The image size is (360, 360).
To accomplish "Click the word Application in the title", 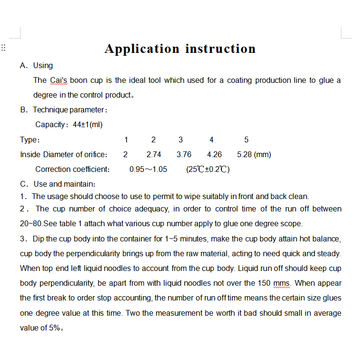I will [x=142, y=49].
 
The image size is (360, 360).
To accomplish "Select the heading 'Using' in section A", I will [x=43, y=66].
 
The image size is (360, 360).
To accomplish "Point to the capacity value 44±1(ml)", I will [x=88, y=125].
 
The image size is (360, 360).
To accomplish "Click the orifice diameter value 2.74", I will [x=154, y=154].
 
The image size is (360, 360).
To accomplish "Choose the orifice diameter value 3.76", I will [x=184, y=154].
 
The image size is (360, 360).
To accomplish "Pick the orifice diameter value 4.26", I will [x=214, y=154].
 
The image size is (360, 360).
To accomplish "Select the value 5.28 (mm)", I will [x=254, y=154].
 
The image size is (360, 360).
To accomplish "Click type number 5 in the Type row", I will [x=246, y=140].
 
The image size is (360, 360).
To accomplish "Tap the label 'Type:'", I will [x=30, y=140].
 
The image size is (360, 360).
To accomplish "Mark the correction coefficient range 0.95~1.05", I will [x=148, y=169].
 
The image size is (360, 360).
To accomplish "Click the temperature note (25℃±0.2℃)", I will [x=208, y=169].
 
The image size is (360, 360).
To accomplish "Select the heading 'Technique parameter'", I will [x=68, y=110].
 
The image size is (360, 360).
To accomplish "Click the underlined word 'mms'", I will [x=283, y=283].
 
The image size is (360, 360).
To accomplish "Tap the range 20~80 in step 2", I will [x=30, y=224].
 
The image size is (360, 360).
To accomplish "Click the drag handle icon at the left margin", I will [x=3, y=48].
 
